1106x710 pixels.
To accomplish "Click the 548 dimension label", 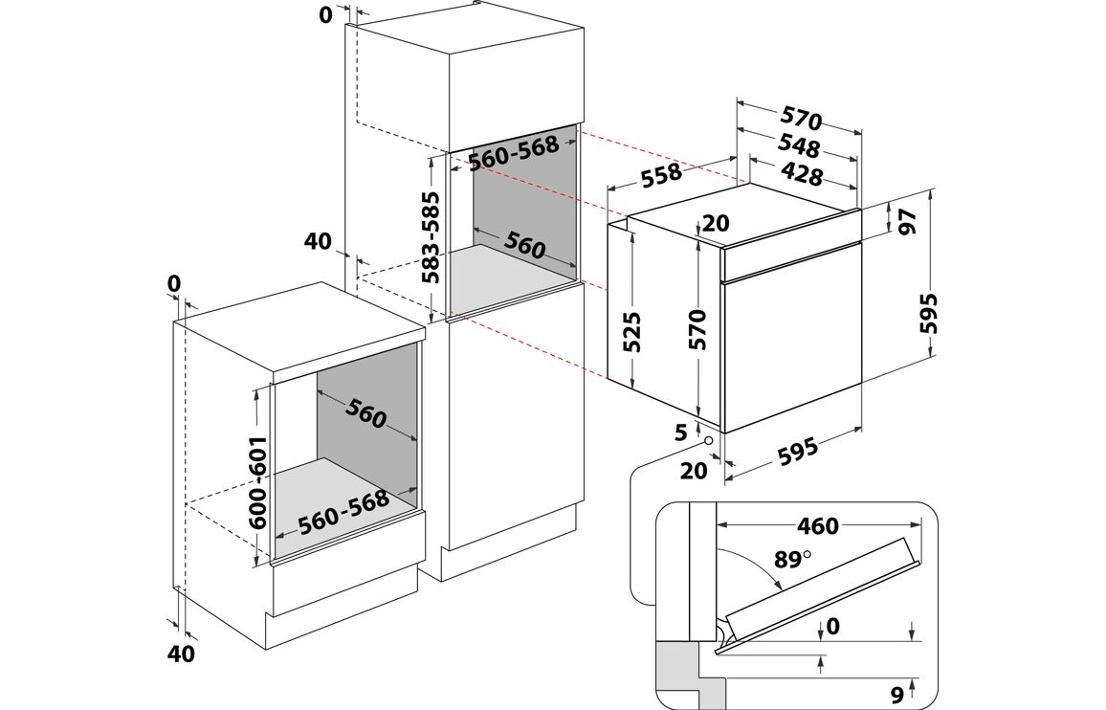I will tap(799, 147).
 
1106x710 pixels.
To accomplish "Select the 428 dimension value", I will tap(801, 174).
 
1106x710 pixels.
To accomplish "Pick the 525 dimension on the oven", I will tap(631, 331).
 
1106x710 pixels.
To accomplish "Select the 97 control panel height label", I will tap(907, 221).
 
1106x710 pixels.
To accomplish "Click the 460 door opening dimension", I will tap(817, 525).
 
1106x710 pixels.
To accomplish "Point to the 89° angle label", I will tap(791, 558).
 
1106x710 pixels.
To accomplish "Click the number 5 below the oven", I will tap(681, 433).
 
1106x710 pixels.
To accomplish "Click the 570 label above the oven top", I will tap(801, 119).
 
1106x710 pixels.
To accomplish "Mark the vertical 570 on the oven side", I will tap(698, 328).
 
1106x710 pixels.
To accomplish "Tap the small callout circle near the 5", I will tap(708, 440).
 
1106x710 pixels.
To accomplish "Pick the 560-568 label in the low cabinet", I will tap(343, 512).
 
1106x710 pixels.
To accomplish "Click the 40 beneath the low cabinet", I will tap(180, 654).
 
